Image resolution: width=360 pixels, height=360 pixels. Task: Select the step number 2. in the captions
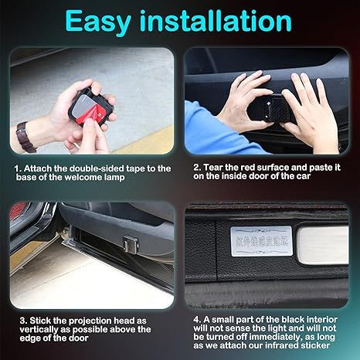click(197, 167)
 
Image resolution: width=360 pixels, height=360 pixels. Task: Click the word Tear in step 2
click(212, 167)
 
